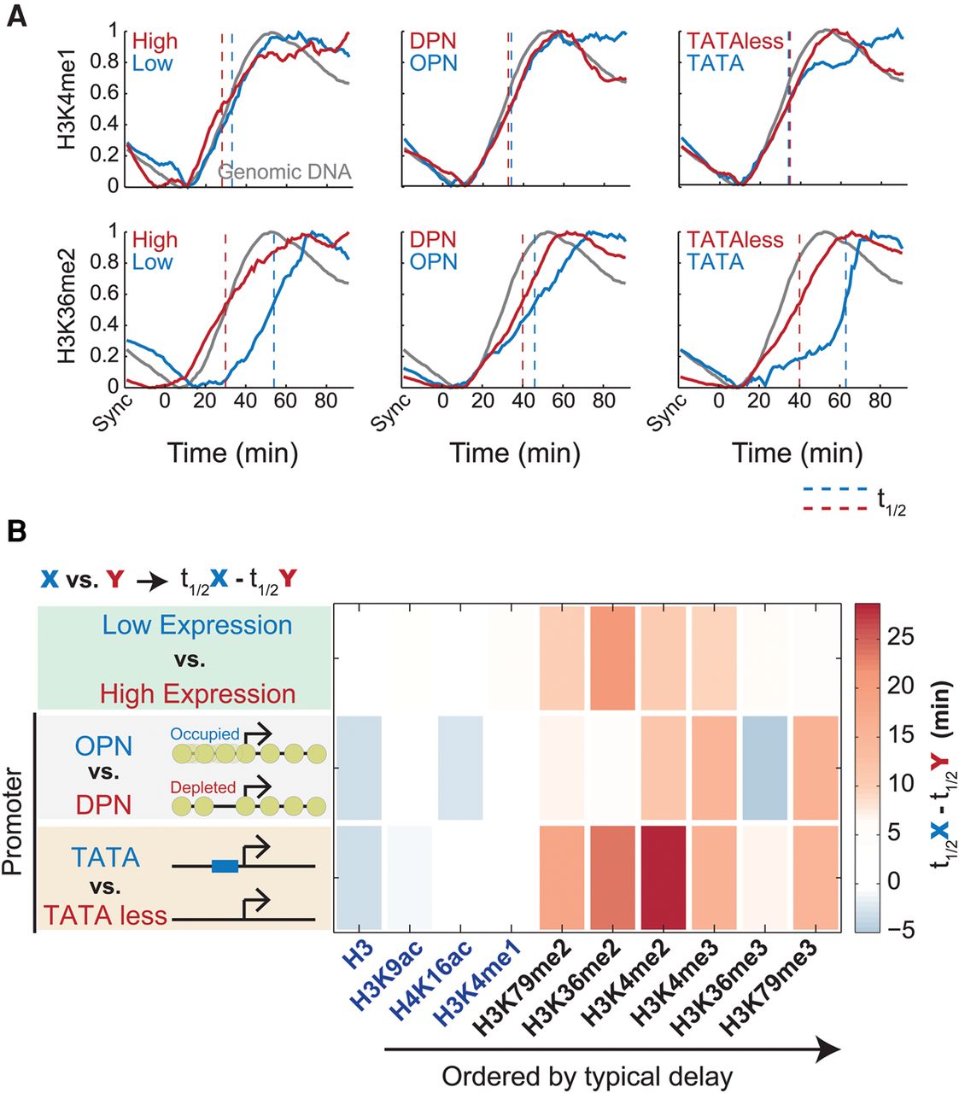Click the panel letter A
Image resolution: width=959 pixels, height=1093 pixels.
16,16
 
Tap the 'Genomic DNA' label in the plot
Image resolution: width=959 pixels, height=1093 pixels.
284,172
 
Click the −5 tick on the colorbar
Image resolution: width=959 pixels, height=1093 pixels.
896,929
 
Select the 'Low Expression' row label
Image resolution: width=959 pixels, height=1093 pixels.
197,625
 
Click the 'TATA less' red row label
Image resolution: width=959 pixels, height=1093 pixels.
105,915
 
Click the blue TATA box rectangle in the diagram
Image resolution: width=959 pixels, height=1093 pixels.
225,867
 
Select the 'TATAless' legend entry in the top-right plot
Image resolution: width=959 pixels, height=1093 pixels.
735,41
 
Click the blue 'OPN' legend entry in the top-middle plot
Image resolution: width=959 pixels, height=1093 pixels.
433,63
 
